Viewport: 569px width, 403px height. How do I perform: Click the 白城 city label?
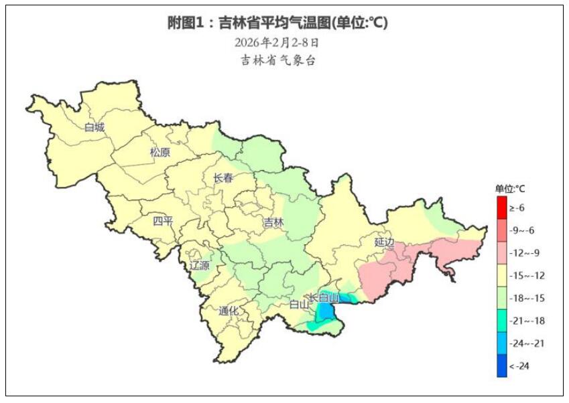click(94, 127)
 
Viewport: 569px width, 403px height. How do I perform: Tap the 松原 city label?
click(160, 152)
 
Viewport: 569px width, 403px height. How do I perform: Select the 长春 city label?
click(223, 178)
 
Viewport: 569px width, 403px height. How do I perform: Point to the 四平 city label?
click(163, 222)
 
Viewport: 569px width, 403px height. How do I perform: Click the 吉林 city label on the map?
click(273, 222)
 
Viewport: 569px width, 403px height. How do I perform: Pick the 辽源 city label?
click(199, 265)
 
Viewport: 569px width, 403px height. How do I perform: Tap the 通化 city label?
click(229, 311)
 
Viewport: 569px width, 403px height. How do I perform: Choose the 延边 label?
click(385, 242)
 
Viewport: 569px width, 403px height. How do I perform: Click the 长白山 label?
click(324, 297)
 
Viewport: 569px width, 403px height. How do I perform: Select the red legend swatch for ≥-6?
click(502, 208)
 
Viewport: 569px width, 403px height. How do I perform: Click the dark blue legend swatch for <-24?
click(502, 366)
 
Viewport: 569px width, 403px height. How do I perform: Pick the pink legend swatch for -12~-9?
click(502, 253)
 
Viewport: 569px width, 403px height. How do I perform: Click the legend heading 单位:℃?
click(510, 188)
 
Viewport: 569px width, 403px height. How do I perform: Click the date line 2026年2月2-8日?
click(277, 42)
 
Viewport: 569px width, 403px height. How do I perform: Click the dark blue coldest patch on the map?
click(326, 311)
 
